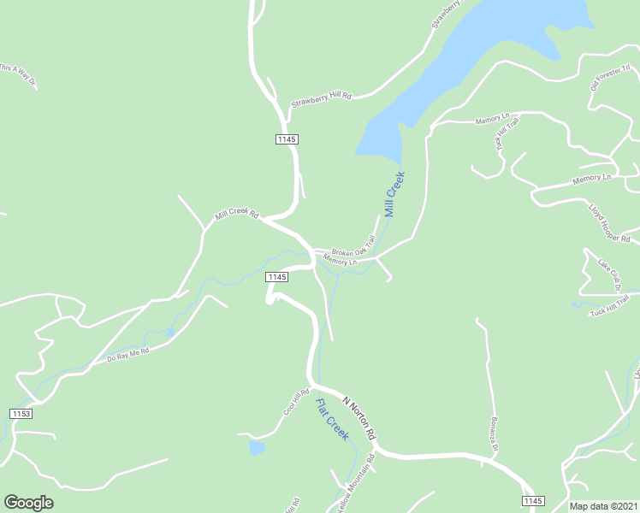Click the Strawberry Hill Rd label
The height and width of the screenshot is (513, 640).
321,99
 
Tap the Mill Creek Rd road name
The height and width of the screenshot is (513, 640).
236,213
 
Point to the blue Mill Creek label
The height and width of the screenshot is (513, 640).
394,194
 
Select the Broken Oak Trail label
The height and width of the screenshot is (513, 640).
353,247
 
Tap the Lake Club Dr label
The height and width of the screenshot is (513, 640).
609,274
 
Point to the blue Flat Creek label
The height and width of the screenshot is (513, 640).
332,420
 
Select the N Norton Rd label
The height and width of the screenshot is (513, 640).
359,417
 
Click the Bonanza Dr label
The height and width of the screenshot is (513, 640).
493,436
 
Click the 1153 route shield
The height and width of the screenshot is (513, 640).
21,414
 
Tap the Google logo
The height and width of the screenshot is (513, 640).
28,503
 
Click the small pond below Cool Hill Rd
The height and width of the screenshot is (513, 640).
256,447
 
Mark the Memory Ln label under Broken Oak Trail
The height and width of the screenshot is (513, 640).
340,262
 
